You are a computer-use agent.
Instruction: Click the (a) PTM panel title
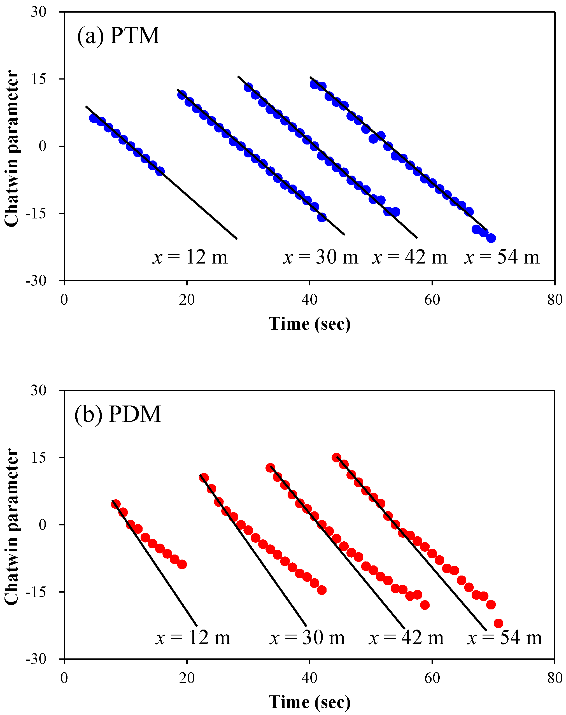(x=118, y=36)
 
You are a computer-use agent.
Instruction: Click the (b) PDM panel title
(x=118, y=414)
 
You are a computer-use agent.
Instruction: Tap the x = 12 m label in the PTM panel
(x=190, y=257)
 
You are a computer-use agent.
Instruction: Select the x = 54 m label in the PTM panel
(x=502, y=257)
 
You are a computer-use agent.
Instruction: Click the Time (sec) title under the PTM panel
(x=309, y=324)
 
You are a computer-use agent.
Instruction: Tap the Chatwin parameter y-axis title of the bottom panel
(x=11, y=527)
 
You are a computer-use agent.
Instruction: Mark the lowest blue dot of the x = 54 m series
(x=491, y=238)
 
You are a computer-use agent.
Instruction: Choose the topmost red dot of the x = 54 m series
(x=336, y=458)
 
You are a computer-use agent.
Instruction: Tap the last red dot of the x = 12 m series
(x=181, y=564)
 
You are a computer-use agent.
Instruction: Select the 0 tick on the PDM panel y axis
(x=42, y=525)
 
